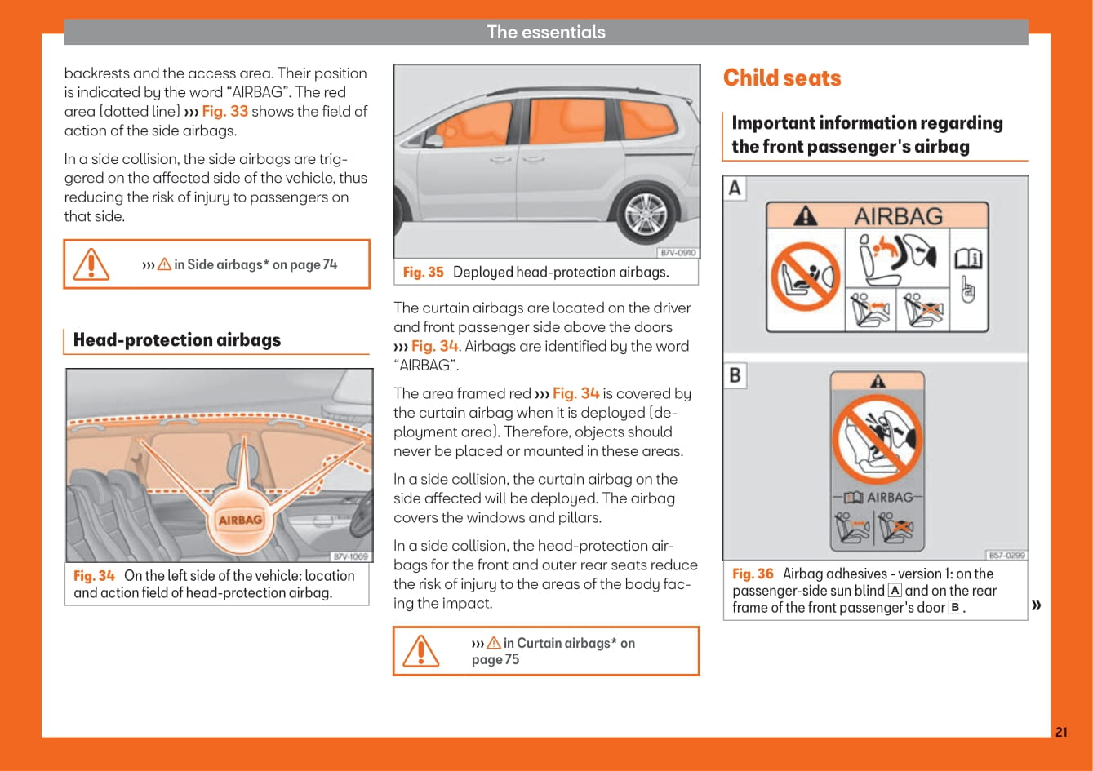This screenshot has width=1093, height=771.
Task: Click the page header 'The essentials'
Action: pos(546,32)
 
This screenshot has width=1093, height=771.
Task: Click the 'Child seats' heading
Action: pos(781,78)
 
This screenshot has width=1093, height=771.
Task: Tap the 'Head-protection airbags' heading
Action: pos(176,340)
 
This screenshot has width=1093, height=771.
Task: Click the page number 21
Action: pos(1060,732)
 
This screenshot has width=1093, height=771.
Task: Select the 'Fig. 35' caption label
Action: pos(423,273)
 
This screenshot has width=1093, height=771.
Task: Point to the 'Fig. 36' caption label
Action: pos(753,574)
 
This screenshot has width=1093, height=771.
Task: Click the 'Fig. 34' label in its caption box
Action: pos(94,575)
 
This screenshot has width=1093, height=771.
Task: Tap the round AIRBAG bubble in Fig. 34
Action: pos(240,519)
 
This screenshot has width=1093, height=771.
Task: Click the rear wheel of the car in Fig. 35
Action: pos(645,214)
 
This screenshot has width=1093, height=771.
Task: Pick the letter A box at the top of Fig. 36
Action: pos(735,188)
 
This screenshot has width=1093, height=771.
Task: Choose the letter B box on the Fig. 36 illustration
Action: pos(735,375)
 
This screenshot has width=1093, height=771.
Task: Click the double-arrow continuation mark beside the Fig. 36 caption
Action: pos(1037,605)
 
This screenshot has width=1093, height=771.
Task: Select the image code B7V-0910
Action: pos(678,253)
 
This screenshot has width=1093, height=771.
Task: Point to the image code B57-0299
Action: pos(1007,555)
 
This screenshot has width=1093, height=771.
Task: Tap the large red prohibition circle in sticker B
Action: pos(878,440)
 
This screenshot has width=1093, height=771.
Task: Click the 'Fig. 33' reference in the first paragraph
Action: pos(224,112)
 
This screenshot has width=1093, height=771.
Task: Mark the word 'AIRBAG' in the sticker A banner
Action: pos(898,216)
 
